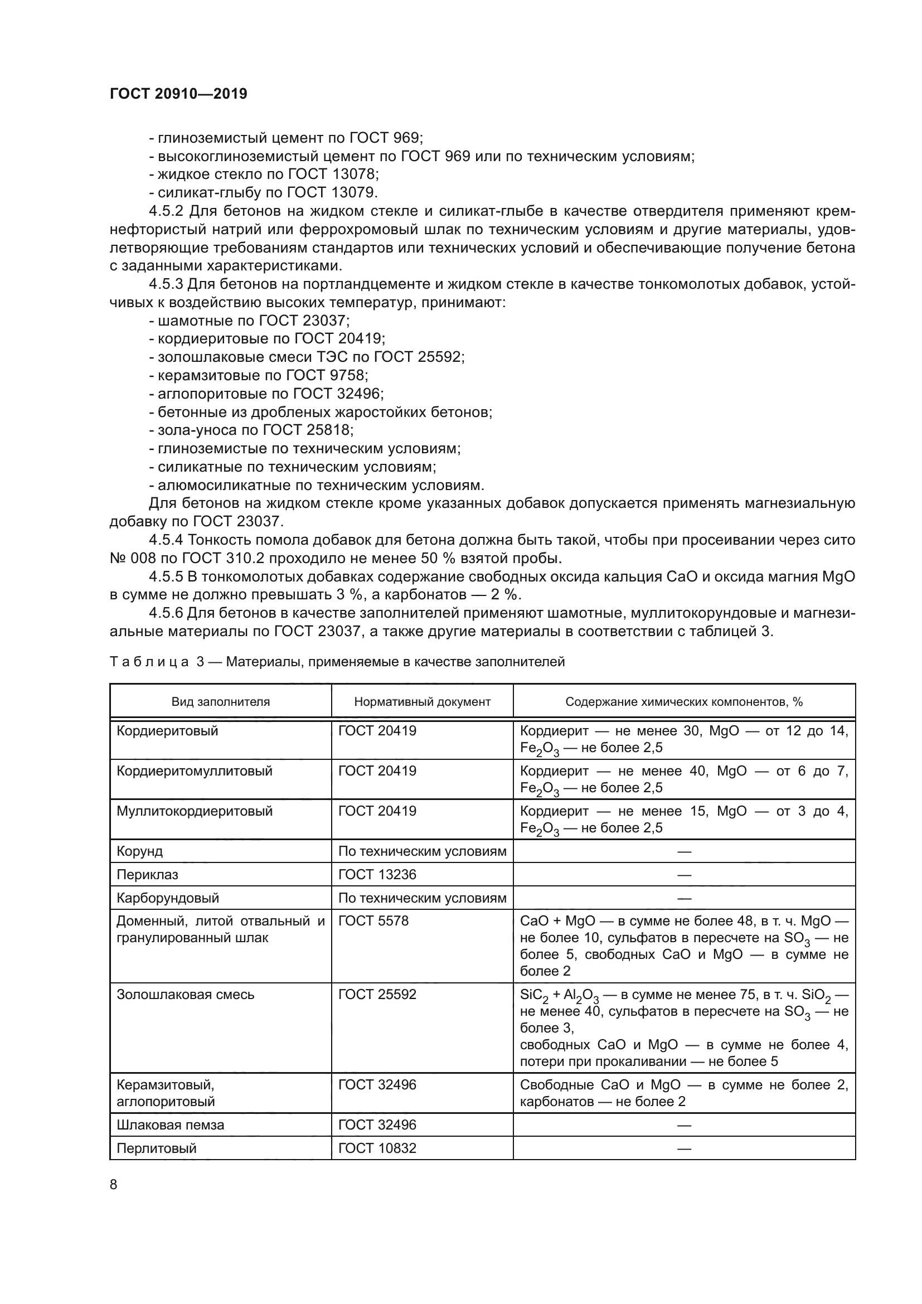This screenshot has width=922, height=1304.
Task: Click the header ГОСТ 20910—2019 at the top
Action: click(x=178, y=94)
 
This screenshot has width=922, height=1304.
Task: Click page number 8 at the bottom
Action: click(x=114, y=1185)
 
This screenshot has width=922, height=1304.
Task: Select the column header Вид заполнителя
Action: click(x=220, y=702)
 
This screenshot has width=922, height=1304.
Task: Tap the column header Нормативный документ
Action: click(x=422, y=702)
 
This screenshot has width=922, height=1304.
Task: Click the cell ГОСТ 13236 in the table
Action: click(x=377, y=875)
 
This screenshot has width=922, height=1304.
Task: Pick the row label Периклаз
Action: click(x=147, y=875)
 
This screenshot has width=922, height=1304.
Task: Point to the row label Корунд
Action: click(x=140, y=851)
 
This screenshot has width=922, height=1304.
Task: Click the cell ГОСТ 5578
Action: click(x=373, y=921)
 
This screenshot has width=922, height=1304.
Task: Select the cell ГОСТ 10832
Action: click(x=377, y=1148)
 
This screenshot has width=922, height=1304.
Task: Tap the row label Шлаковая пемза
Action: click(x=171, y=1125)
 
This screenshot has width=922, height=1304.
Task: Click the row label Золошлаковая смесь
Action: click(x=185, y=995)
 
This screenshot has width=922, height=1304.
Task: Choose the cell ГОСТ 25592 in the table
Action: click(x=377, y=995)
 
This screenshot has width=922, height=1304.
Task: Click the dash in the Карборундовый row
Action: click(x=684, y=899)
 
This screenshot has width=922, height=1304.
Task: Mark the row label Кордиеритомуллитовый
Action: click(x=194, y=771)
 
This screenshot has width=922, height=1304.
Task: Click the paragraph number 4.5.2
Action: click(x=166, y=212)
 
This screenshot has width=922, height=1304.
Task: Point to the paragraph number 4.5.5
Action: click(x=166, y=577)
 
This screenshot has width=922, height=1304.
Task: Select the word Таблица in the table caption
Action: click(x=149, y=662)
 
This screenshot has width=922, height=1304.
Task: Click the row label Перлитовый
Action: click(x=156, y=1148)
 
